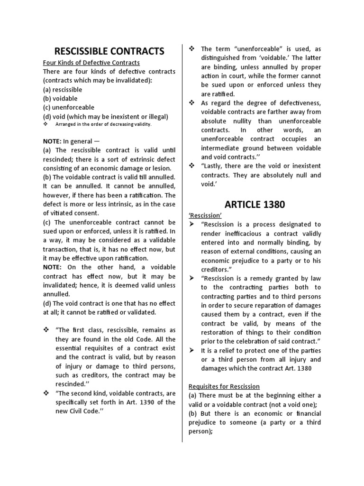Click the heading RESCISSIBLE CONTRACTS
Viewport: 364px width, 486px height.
click(x=109, y=51)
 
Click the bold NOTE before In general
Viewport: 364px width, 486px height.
click(x=52, y=141)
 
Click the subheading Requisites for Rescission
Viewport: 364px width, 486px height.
click(x=224, y=386)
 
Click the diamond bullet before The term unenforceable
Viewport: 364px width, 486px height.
click(x=192, y=49)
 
